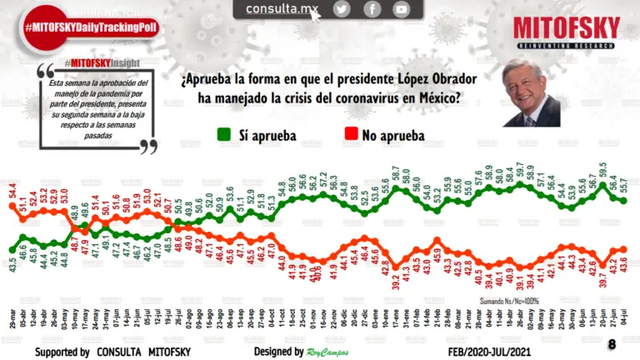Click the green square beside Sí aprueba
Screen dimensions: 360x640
pos(223,133)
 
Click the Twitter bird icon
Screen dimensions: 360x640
pos(342,9)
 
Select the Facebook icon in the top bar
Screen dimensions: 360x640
pos(372,9)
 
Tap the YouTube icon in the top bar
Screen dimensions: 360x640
pos(402,9)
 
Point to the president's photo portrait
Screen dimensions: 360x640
pos(532,92)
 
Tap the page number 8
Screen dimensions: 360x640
pos(612,343)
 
